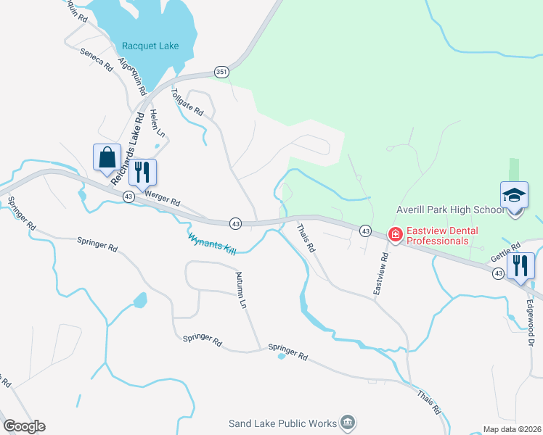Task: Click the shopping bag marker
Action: click(x=107, y=157)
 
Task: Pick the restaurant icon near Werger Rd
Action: click(x=142, y=172)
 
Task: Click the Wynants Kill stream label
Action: click(x=212, y=243)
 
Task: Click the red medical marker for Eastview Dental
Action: click(x=395, y=235)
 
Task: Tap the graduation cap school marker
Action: click(x=513, y=196)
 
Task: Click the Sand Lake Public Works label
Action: click(x=282, y=423)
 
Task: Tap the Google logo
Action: click(x=24, y=426)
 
